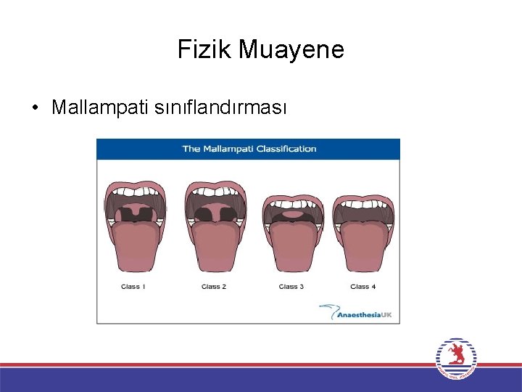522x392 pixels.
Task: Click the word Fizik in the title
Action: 204,50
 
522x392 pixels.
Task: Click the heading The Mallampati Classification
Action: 249,149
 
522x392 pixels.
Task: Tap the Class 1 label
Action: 133,287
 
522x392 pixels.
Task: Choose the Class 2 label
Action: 214,287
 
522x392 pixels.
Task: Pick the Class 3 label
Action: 291,287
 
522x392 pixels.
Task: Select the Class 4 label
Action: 362,287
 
